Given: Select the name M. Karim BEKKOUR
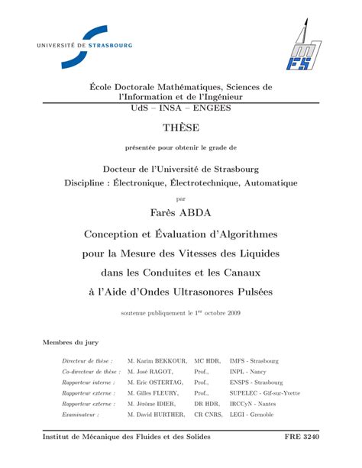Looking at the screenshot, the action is point(157,360).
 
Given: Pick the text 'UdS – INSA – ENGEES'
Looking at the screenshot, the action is point(180,108).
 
